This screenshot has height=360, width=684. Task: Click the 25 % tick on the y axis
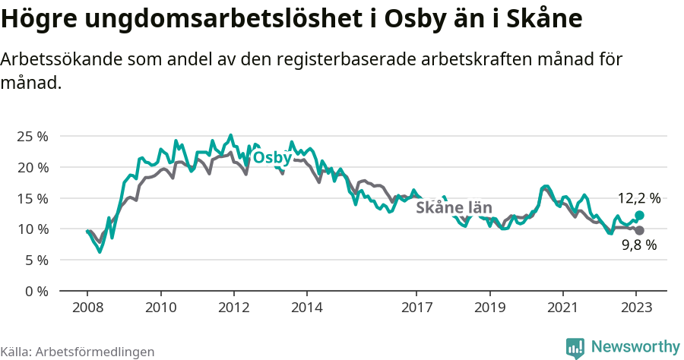(32, 137)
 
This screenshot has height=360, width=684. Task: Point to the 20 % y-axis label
(32, 167)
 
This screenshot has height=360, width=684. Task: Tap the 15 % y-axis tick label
(32, 198)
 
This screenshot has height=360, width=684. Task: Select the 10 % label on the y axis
(32, 229)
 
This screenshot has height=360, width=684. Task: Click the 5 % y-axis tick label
(36, 260)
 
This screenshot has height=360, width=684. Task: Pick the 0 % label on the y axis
(36, 291)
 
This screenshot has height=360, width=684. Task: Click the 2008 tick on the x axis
(87, 308)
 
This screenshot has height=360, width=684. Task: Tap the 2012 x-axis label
(233, 308)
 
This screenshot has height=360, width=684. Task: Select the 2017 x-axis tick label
(416, 308)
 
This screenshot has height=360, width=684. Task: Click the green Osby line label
(271, 157)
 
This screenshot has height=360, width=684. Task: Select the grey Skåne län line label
(454, 207)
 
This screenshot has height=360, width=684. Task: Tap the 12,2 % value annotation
(638, 198)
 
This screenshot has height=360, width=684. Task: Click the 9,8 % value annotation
(638, 245)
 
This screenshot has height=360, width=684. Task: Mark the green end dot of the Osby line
(639, 216)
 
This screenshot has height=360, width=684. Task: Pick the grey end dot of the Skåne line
(639, 230)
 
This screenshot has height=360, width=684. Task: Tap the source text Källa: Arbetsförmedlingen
(78, 352)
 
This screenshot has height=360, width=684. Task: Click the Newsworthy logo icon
(575, 348)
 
